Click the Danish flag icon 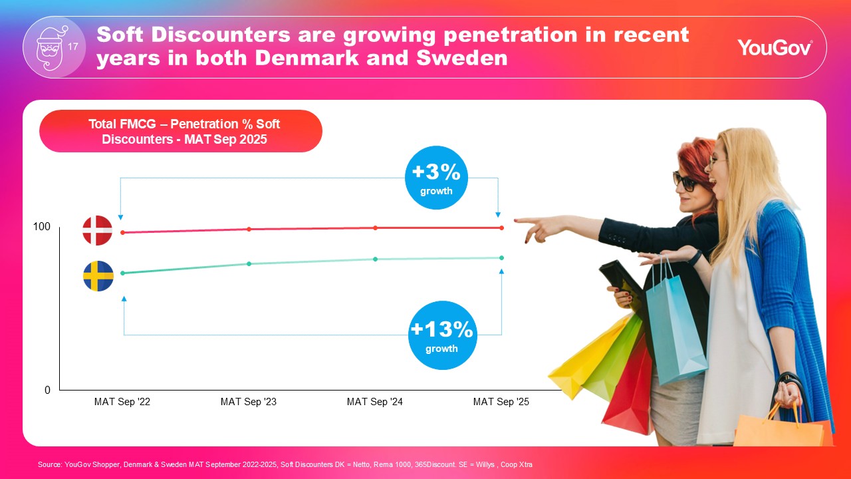pyautogui.click(x=97, y=230)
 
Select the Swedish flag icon pyautogui.click(x=98, y=276)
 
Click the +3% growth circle pyautogui.click(x=436, y=178)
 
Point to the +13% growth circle pyautogui.click(x=441, y=335)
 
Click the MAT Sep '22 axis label pyautogui.click(x=122, y=402)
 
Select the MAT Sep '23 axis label pyautogui.click(x=249, y=402)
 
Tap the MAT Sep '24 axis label pyautogui.click(x=375, y=402)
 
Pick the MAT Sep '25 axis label pyautogui.click(x=501, y=402)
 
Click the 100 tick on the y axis pyautogui.click(x=42, y=227)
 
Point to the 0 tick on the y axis pyautogui.click(x=47, y=391)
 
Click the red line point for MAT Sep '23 pyautogui.click(x=249, y=230)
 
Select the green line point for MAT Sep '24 pyautogui.click(x=375, y=259)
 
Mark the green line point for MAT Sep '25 pyautogui.click(x=501, y=257)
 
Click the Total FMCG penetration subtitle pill pyautogui.click(x=181, y=131)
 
